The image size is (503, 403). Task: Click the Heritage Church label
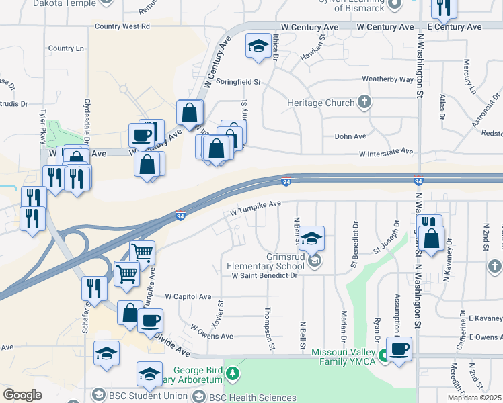(x=320, y=103)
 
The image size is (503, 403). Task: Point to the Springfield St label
(x=238, y=81)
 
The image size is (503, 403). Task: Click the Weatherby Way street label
(x=387, y=79)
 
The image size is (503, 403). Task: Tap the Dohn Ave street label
(x=350, y=136)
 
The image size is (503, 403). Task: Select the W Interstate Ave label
(x=385, y=153)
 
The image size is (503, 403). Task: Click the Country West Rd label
(x=122, y=26)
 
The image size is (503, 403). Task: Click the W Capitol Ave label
(x=188, y=296)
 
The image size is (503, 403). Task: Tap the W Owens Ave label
(x=211, y=332)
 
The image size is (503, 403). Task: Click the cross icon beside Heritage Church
(x=364, y=103)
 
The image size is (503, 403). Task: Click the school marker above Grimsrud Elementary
(x=311, y=238)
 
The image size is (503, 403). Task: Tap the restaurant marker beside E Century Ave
(x=444, y=7)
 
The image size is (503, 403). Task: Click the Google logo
(x=22, y=395)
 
